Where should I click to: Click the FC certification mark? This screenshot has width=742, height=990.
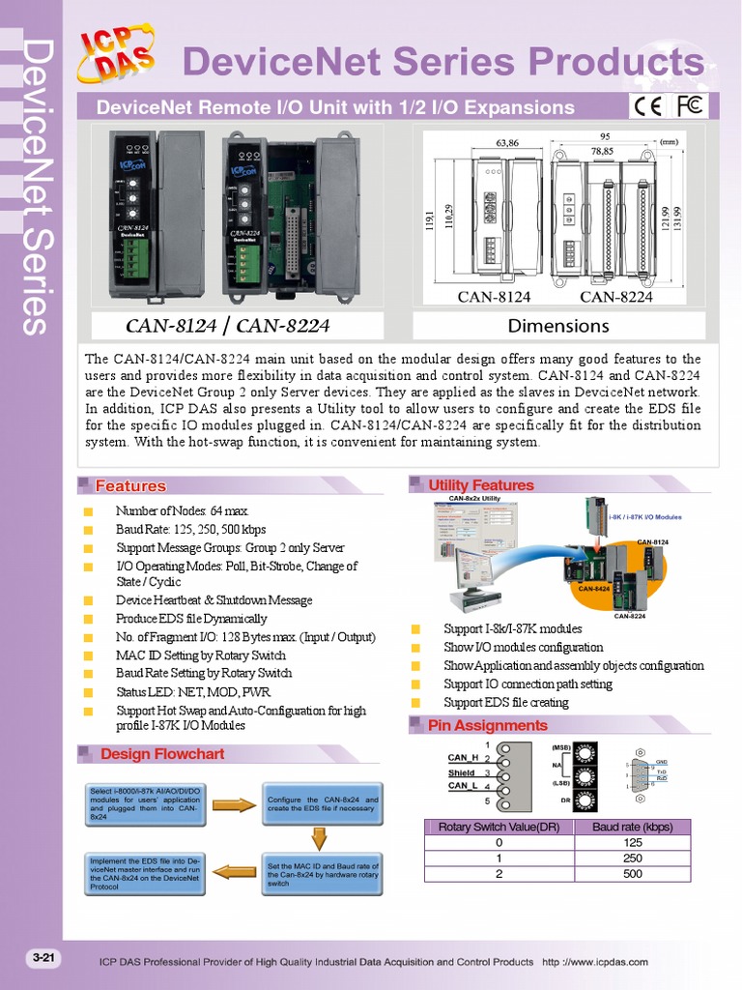point(689,105)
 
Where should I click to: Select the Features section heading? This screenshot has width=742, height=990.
point(129,486)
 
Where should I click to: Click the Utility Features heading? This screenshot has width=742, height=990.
point(480,485)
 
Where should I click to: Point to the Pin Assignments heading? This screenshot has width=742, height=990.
point(487,725)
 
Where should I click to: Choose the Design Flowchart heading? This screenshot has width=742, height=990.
point(161,754)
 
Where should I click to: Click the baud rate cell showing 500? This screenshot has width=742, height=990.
point(631,874)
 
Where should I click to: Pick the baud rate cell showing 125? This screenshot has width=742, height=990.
point(631,842)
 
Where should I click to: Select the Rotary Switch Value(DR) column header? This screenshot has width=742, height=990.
point(499,827)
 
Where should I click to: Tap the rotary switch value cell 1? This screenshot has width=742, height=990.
point(499,859)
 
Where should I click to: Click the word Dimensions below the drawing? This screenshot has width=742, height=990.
point(557,326)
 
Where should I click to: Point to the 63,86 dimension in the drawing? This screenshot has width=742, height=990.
point(507,143)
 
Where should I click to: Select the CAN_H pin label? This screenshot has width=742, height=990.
point(464,757)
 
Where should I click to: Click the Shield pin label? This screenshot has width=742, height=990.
point(461,772)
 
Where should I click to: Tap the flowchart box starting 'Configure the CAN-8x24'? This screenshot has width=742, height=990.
point(323,804)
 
